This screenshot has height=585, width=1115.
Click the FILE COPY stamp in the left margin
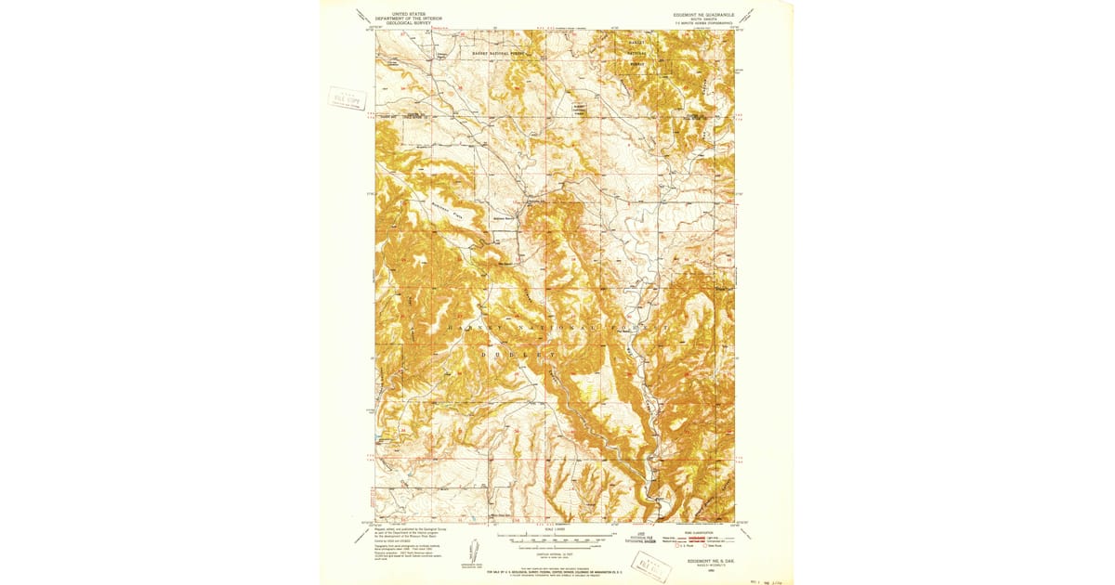[x=347, y=98]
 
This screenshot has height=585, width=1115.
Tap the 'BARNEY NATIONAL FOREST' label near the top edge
[x=499, y=54]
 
